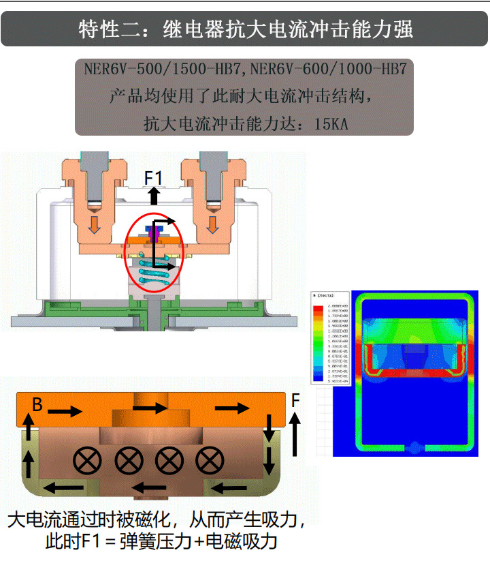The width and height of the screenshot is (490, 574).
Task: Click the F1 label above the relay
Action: (154, 178)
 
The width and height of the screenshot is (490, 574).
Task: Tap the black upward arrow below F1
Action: (154, 196)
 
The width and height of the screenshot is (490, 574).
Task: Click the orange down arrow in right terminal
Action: (214, 224)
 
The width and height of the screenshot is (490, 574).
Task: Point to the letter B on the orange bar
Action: (37, 405)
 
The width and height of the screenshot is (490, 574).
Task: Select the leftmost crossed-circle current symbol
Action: (86, 462)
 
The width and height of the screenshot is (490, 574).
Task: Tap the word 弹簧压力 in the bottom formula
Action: (150, 543)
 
